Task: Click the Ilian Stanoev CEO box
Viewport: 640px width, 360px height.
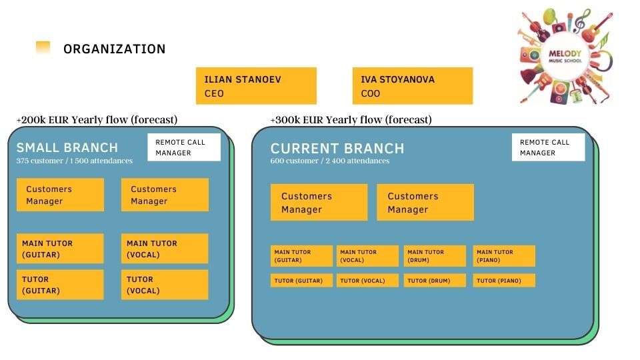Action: click(x=256, y=86)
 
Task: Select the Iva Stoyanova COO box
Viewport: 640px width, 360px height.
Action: click(x=413, y=86)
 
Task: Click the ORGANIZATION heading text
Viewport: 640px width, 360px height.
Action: click(x=114, y=49)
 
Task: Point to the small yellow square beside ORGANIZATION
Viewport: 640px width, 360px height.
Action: click(x=43, y=47)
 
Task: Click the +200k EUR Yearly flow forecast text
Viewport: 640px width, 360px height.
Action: click(x=97, y=119)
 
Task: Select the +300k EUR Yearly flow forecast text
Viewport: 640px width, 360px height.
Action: click(x=351, y=119)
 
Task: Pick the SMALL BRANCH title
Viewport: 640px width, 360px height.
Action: click(x=67, y=147)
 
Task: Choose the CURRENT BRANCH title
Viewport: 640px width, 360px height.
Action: click(x=337, y=148)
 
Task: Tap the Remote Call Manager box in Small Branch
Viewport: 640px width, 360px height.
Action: click(x=184, y=147)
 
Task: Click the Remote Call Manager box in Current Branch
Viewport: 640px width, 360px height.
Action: click(x=548, y=147)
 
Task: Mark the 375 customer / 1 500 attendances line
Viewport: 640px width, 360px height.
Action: click(x=74, y=161)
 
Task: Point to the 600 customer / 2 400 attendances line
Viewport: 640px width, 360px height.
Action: click(x=330, y=161)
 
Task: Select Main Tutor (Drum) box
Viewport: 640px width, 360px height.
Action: click(x=435, y=256)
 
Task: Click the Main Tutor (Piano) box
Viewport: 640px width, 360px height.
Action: click(x=504, y=256)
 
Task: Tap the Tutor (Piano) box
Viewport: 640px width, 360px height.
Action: click(x=504, y=281)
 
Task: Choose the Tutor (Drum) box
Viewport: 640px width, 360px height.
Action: click(x=435, y=281)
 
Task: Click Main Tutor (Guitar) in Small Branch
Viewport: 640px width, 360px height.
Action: click(x=60, y=249)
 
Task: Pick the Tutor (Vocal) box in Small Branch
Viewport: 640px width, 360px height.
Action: click(x=165, y=285)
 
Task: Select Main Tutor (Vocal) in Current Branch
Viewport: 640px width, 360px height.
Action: click(x=367, y=256)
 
